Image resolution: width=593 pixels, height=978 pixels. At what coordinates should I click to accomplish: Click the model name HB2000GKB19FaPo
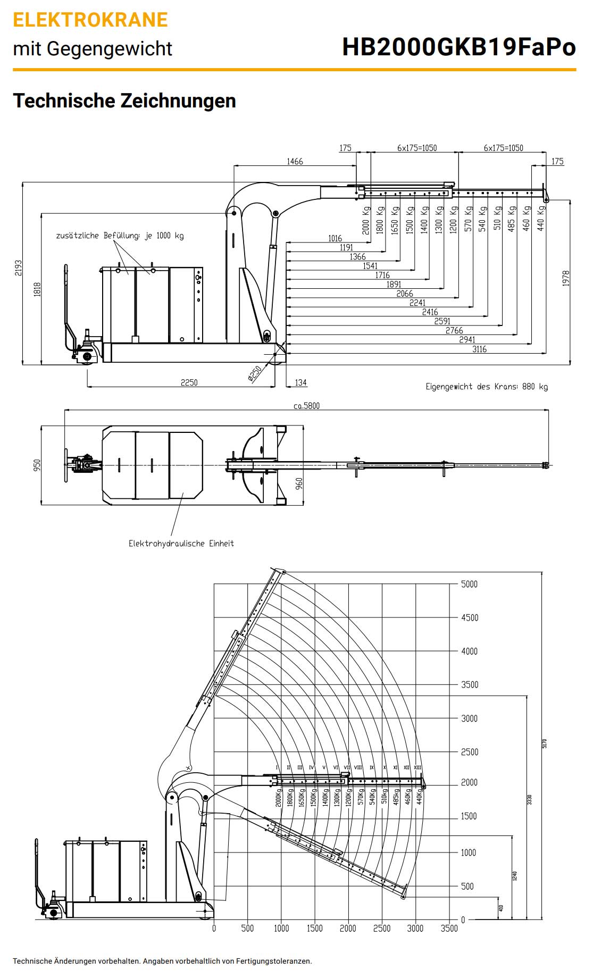(x=458, y=47)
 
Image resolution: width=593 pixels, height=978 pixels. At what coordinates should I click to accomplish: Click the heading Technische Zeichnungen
(x=124, y=101)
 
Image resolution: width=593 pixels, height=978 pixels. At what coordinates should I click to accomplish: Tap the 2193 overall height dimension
(x=19, y=268)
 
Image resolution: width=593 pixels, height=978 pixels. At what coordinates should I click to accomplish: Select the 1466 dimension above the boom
(x=295, y=161)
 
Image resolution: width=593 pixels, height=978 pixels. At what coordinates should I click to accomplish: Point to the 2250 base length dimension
(x=189, y=382)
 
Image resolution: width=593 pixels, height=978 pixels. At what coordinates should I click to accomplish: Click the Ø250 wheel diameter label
(x=255, y=373)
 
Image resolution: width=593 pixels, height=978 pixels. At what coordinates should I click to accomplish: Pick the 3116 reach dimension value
(x=479, y=349)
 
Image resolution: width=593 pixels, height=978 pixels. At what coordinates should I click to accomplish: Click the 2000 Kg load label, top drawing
(x=366, y=219)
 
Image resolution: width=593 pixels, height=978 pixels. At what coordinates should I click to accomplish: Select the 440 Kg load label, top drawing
(x=541, y=218)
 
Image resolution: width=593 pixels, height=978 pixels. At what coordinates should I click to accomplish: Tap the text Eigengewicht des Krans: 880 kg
(x=486, y=387)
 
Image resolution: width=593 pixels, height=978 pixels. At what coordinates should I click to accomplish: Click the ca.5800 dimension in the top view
(x=306, y=406)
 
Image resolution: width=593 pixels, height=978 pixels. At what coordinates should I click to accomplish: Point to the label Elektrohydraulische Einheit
(x=181, y=544)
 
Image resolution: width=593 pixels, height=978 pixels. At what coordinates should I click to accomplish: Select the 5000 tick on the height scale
(x=469, y=584)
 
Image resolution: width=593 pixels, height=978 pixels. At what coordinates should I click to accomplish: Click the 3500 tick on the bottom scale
(x=449, y=929)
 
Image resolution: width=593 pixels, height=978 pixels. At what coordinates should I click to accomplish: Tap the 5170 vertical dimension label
(x=544, y=743)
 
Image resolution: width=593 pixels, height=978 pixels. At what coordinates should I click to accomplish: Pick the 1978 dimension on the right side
(x=565, y=278)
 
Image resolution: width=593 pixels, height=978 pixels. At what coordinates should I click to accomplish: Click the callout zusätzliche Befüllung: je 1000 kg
(x=120, y=236)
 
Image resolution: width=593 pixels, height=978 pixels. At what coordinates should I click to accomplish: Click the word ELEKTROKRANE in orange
(x=90, y=20)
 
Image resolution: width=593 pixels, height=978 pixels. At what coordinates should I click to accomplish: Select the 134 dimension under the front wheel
(x=300, y=382)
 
